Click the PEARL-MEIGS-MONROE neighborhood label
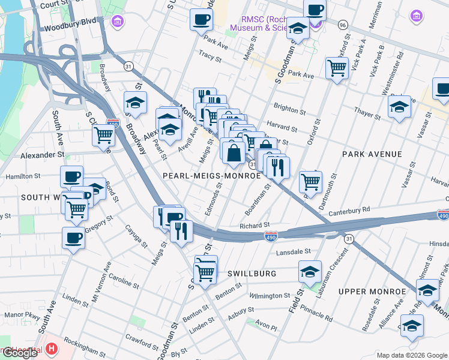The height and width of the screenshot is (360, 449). click(212, 176)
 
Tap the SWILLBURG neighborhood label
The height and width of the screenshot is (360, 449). click(252, 274)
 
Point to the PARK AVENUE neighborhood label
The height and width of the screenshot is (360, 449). click(372, 155)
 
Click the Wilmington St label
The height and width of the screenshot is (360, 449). click(270, 296)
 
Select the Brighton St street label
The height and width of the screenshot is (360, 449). click(290, 110)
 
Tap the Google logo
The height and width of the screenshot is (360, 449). click(20, 353)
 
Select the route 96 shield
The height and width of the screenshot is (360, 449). click(343, 25)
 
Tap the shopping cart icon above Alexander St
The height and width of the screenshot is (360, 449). click(104, 135)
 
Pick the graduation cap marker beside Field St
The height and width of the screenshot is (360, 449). click(310, 272)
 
